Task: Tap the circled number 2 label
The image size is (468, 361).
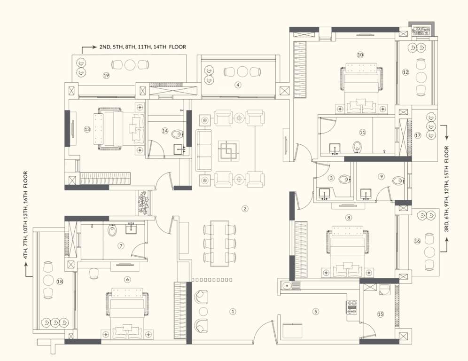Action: pyautogui.click(x=244, y=208)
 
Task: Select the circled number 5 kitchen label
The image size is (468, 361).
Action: pyautogui.click(x=315, y=311)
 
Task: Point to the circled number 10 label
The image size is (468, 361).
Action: pyautogui.click(x=360, y=55)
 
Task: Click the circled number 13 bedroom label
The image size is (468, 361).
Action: pyautogui.click(x=87, y=129)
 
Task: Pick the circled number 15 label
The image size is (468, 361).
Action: pyautogui.click(x=380, y=314)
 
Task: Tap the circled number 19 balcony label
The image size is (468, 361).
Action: pyautogui.click(x=106, y=75)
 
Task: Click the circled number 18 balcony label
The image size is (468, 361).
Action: pyautogui.click(x=59, y=282)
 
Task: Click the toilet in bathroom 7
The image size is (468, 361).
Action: pyautogui.click(x=112, y=231)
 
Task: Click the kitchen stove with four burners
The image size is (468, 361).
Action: pyautogui.click(x=351, y=307)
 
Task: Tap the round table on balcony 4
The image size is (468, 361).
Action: pyautogui.click(x=242, y=72)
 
